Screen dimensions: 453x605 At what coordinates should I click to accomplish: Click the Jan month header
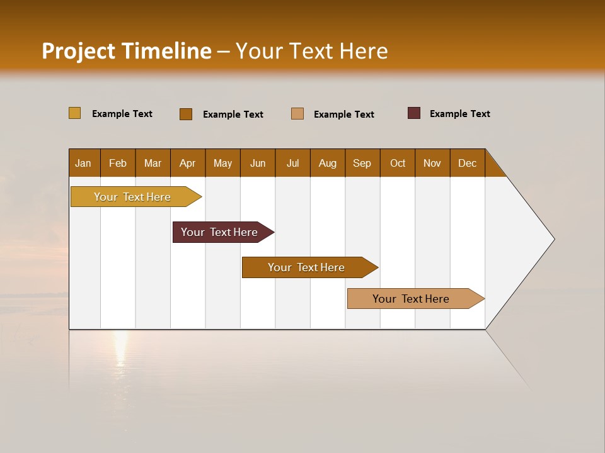pyautogui.click(x=84, y=163)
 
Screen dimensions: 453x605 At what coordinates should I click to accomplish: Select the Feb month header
pyautogui.click(x=118, y=163)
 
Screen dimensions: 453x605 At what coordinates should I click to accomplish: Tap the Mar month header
pyautogui.click(x=153, y=163)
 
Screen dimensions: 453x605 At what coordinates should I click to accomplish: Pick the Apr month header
pyautogui.click(x=188, y=163)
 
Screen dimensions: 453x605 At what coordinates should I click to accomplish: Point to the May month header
pyautogui.click(x=222, y=163)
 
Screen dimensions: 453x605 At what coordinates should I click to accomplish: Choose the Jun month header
pyautogui.click(x=258, y=163)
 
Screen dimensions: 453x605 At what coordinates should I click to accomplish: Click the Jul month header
pyautogui.click(x=292, y=163)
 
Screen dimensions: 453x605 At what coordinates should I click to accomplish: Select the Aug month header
pyautogui.click(x=328, y=163)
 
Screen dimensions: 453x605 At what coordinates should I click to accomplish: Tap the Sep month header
pyautogui.click(x=362, y=163)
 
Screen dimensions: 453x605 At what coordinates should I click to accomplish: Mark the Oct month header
pyautogui.click(x=398, y=163)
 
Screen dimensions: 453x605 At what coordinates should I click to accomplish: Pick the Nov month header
pyautogui.click(x=432, y=163)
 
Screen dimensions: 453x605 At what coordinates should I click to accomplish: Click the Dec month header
pyautogui.click(x=468, y=163)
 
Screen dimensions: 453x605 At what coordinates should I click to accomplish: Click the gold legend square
pyautogui.click(x=74, y=113)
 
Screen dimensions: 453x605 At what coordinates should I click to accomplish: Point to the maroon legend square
pyautogui.click(x=414, y=113)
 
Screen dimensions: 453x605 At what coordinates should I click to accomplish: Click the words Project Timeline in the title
pyautogui.click(x=127, y=51)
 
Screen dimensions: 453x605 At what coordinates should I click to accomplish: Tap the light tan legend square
pyautogui.click(x=297, y=113)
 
